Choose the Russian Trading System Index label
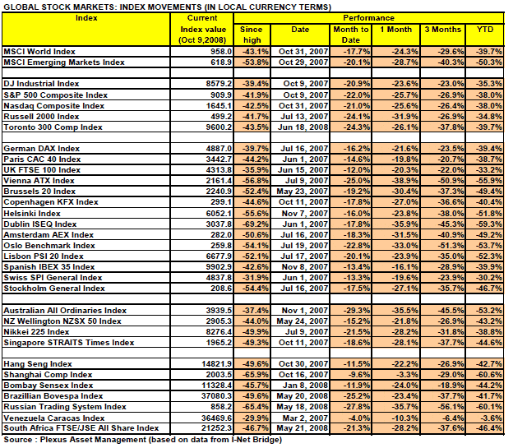(x=65, y=406)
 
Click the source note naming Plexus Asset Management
(x=143, y=439)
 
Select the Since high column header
(x=250, y=34)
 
